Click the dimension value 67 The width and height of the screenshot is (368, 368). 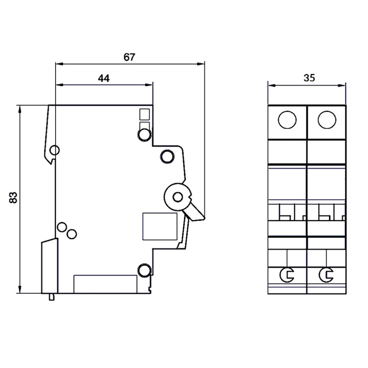coord(129,57)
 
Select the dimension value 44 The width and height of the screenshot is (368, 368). coord(103,79)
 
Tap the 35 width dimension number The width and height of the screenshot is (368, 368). coord(310,79)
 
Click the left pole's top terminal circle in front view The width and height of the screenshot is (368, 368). coord(287,120)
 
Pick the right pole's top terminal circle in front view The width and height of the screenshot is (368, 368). coord(327,120)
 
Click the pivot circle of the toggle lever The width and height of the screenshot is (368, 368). coord(177,197)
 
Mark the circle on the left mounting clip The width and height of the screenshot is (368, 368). coord(54,150)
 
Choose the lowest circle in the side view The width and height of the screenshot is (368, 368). coord(144,270)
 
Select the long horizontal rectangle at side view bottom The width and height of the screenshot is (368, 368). coord(105,284)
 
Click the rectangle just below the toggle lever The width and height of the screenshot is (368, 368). coord(159,226)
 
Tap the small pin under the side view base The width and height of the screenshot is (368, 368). coord(51,297)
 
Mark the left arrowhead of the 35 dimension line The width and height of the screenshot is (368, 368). coord(271,85)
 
